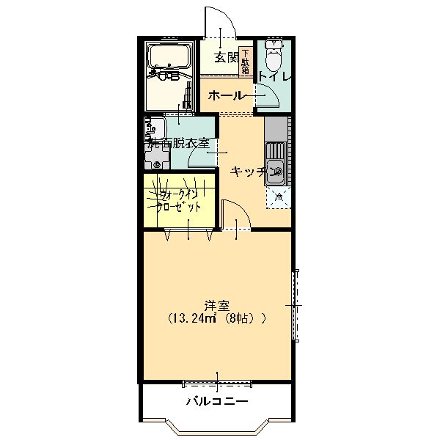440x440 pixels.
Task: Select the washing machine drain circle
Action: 155,166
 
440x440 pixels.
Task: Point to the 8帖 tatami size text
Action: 242,319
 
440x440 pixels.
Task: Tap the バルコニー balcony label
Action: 216,401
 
